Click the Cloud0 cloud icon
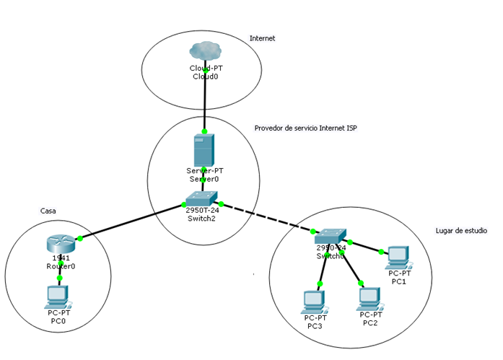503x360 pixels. [x=205, y=51]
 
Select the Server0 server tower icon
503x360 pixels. [x=204, y=150]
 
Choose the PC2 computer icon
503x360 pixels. [x=369, y=297]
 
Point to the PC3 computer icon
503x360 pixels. [x=314, y=301]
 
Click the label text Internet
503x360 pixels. [x=262, y=38]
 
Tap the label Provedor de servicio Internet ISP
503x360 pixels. [x=306, y=128]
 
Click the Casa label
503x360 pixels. [x=48, y=211]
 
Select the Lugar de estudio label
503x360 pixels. [x=461, y=231]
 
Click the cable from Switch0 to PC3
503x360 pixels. [x=322, y=268]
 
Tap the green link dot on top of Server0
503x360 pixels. [x=204, y=131]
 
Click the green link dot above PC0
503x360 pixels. [x=59, y=278]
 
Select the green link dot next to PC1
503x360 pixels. [x=381, y=252]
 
